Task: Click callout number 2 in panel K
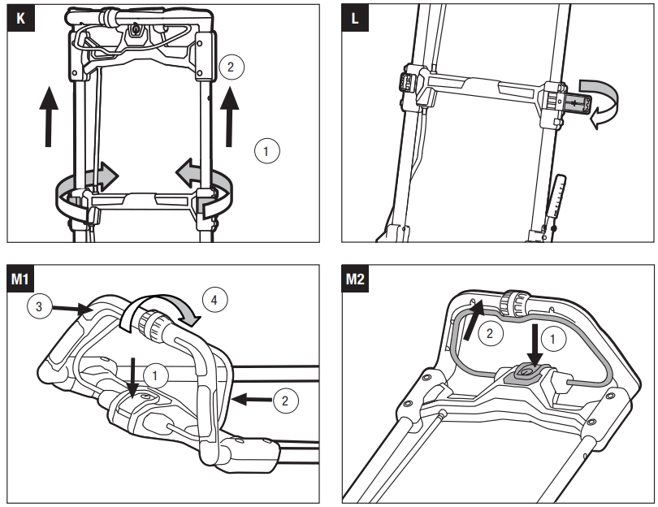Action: click(x=231, y=67)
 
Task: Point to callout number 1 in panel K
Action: click(x=267, y=150)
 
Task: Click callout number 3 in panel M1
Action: click(x=40, y=307)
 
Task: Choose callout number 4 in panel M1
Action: click(x=214, y=299)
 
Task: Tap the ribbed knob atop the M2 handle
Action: click(x=516, y=302)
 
